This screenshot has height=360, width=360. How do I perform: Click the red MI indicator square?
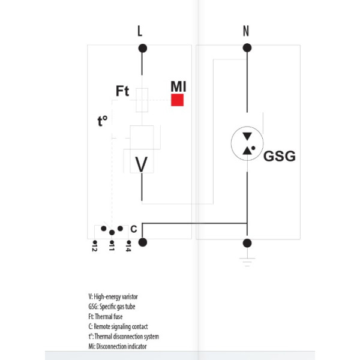(177, 100)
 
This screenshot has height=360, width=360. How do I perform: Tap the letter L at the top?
(140, 32)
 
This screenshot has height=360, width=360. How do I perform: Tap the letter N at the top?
(246, 32)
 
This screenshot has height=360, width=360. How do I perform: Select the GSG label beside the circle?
(280, 157)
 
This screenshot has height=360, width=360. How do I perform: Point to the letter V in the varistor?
(141, 164)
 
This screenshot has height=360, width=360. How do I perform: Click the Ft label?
(122, 92)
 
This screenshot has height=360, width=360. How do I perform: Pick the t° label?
(103, 121)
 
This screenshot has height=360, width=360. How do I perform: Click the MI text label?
(178, 86)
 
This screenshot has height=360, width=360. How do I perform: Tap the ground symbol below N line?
(247, 259)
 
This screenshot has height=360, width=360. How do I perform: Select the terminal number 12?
(95, 247)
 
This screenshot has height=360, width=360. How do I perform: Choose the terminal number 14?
(128, 247)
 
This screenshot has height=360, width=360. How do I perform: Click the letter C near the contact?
(133, 229)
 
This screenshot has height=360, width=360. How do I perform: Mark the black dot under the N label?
(247, 50)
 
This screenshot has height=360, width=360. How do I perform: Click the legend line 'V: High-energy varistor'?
(113, 296)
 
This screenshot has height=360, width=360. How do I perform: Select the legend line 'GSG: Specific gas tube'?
(112, 307)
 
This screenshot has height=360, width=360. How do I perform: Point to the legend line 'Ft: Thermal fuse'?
(106, 316)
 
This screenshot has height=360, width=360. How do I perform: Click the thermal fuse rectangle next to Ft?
(142, 100)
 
